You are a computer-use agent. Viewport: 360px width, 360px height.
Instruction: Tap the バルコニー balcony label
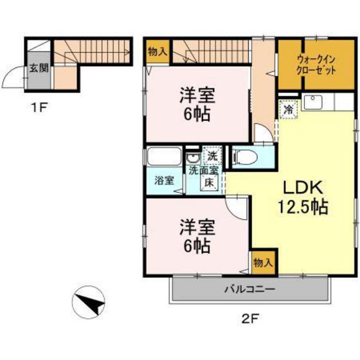tap(249, 289)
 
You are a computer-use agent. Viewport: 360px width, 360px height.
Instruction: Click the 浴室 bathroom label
tap(164, 181)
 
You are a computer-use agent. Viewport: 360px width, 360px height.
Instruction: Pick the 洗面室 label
tap(203, 170)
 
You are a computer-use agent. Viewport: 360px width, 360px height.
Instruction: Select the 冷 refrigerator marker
tap(290, 110)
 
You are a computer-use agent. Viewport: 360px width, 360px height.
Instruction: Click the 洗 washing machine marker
tap(212, 155)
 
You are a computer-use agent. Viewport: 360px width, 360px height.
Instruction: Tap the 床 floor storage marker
tap(210, 182)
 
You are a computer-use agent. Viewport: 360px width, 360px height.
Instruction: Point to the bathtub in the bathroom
tap(164, 157)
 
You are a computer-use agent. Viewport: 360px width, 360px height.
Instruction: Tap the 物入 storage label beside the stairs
tap(156, 51)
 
